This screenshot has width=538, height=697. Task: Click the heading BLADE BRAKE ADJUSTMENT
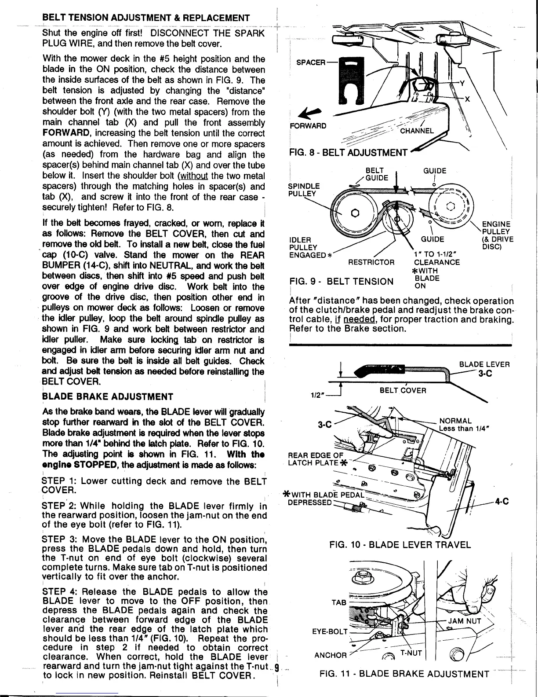tap(108, 397)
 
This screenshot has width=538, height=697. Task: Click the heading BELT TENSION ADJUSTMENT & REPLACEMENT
tap(146, 18)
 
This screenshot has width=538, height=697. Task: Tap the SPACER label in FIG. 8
tap(310, 62)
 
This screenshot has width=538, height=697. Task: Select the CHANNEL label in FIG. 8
tap(417, 131)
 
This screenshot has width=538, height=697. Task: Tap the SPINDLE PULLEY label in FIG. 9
tap(304, 190)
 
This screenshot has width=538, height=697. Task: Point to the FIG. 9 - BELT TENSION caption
tap(342, 281)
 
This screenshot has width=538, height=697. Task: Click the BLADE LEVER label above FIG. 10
tap(484, 364)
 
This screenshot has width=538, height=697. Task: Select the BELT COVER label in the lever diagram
tap(403, 391)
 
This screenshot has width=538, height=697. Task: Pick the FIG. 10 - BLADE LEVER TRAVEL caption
tap(400, 545)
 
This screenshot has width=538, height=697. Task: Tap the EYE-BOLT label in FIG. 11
tap(330, 632)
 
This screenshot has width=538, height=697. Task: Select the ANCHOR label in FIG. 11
tap(331, 655)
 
